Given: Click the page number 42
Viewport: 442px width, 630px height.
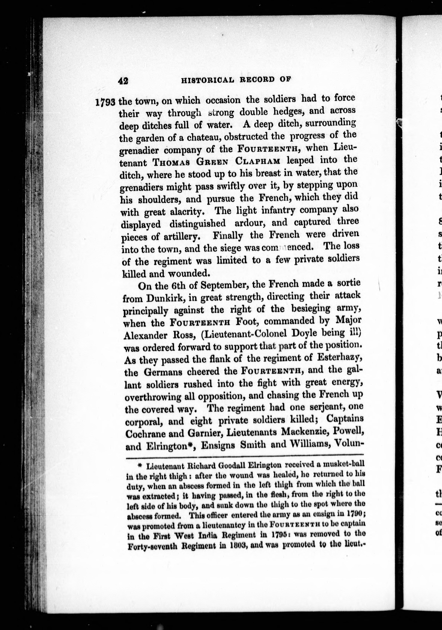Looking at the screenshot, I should pos(123,81).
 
